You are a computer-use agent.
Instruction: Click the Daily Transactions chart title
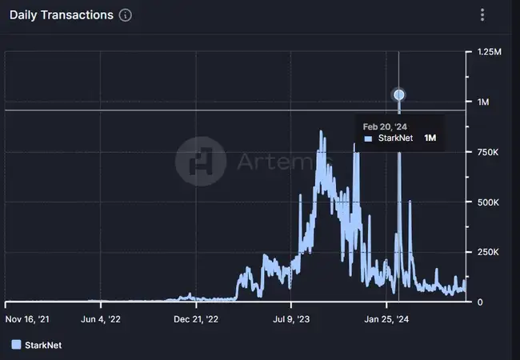pos(61,15)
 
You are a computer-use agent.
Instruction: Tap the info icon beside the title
pos(125,15)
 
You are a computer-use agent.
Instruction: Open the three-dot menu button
pos(482,15)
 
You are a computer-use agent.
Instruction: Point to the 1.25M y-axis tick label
pos(489,52)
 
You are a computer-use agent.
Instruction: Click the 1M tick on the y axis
pos(483,102)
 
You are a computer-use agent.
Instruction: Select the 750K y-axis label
pos(487,152)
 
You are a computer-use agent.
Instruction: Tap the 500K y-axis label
pos(487,202)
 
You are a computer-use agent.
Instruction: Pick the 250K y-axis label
pos(487,252)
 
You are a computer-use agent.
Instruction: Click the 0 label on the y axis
pos(480,302)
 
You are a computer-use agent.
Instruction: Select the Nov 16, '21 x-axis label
pos(27,319)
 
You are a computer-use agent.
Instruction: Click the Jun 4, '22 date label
pos(101,319)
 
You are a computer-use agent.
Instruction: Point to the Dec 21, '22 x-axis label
pos(195,319)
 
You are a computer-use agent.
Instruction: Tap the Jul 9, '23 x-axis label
pos(291,319)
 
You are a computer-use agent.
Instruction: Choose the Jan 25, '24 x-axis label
pos(387,319)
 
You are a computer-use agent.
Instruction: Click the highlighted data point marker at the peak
pos(399,95)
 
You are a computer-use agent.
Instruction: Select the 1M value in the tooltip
pos(430,138)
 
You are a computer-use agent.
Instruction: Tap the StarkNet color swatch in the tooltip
pos(368,138)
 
